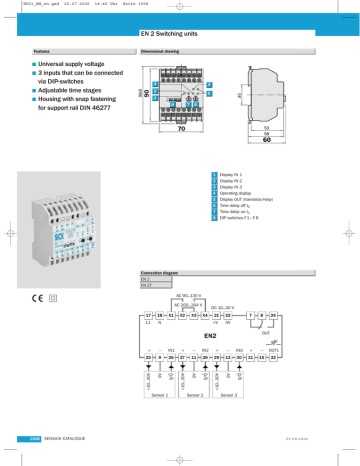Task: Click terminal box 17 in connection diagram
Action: (151, 315)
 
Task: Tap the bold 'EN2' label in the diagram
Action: (226, 335)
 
